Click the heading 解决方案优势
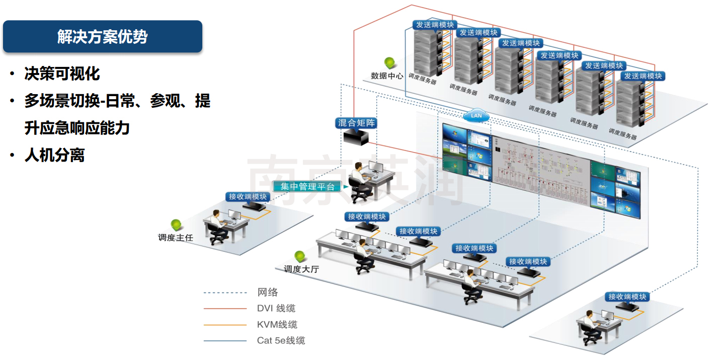point(102,36)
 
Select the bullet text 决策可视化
point(62,74)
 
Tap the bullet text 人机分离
point(54,155)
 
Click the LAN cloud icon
point(476,115)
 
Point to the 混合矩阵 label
point(356,122)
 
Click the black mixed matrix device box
point(356,136)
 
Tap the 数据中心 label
point(387,76)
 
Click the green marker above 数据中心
point(390,63)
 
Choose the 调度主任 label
point(175,237)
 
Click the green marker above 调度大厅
point(300,256)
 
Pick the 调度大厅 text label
point(301,269)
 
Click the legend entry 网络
point(267,292)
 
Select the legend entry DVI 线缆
point(276,308)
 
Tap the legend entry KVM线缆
point(277,325)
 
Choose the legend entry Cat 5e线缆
point(281,341)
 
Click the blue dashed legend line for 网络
point(225,293)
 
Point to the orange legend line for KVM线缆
point(225,325)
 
